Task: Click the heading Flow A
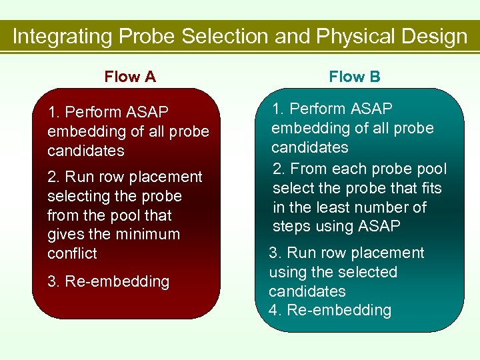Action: click(130, 77)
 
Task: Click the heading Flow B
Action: click(355, 77)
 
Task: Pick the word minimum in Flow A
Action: click(147, 234)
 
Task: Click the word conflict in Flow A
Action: click(72, 253)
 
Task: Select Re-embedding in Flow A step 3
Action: click(117, 281)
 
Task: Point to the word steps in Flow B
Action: click(291, 227)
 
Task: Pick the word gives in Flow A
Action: click(66, 234)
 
